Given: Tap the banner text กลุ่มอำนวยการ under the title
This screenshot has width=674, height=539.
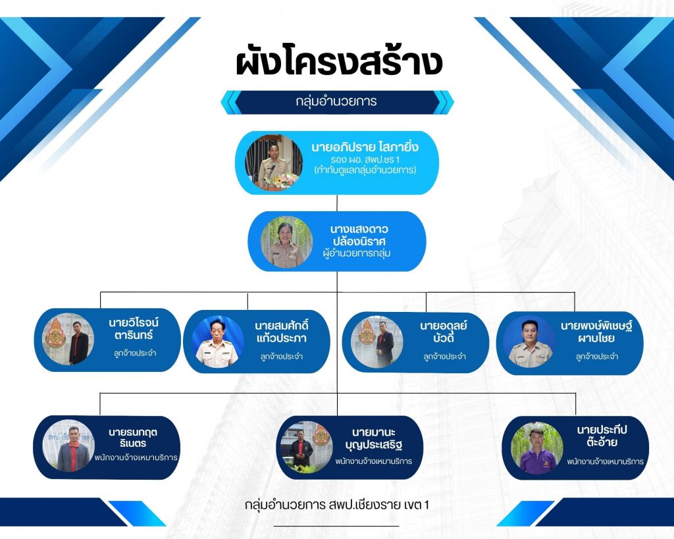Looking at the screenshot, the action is click(x=336, y=102).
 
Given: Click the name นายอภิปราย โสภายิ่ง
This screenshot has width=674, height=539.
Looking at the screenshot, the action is click(x=365, y=147).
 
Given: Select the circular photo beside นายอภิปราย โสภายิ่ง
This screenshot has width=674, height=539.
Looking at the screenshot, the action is click(x=274, y=162).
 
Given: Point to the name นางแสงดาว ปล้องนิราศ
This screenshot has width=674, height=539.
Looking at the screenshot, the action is click(x=359, y=235).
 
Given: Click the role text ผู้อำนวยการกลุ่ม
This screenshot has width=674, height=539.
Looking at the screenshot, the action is click(x=357, y=253).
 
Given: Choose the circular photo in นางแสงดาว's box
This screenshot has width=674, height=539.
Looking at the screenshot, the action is click(x=287, y=242).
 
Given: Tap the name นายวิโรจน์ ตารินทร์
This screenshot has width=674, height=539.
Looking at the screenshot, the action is click(x=134, y=328).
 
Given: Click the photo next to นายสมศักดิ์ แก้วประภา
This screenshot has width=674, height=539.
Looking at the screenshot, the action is click(x=217, y=342).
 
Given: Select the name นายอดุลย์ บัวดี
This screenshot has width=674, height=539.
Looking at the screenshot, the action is click(x=444, y=332).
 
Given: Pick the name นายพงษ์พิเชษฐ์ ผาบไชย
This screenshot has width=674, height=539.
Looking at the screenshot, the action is click(x=596, y=332).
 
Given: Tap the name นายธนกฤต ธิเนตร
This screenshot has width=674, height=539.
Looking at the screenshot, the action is click(x=133, y=438).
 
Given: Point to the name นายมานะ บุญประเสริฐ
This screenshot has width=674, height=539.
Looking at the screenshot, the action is click(x=374, y=438).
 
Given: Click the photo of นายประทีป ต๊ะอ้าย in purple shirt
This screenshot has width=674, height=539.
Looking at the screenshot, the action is click(x=537, y=448).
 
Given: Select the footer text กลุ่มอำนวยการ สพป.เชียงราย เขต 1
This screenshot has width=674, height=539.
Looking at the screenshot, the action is click(x=336, y=505).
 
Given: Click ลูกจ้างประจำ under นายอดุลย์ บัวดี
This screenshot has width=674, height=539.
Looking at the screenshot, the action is click(x=444, y=356).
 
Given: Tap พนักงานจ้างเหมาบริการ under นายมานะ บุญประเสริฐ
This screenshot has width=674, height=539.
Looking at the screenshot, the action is click(x=374, y=461).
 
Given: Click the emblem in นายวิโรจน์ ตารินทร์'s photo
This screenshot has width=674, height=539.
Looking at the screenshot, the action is click(x=56, y=334).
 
